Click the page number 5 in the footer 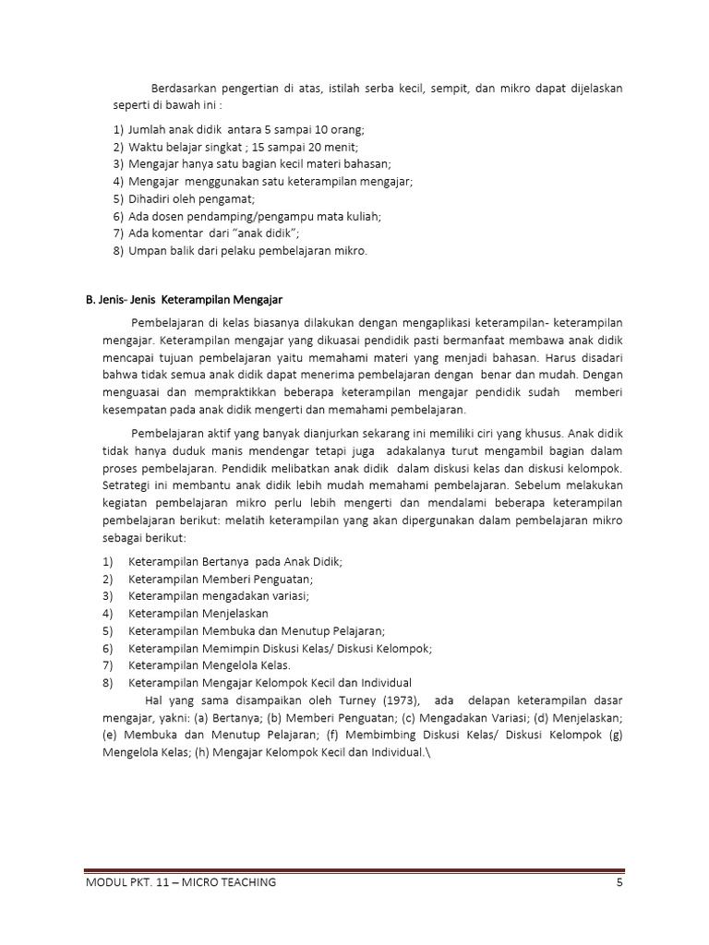click(620, 882)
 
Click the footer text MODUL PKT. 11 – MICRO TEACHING click(181, 882)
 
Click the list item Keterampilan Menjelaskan click(198, 613)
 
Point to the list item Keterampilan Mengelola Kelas click(210, 664)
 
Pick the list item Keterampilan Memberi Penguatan click(221, 579)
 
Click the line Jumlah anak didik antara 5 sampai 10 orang click(251, 130)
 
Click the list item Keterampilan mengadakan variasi click(219, 595)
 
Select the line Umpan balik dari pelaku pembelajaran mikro click(246, 250)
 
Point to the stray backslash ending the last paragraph click(428, 751)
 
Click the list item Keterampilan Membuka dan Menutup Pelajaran click(257, 630)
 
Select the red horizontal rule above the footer click(354, 870)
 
